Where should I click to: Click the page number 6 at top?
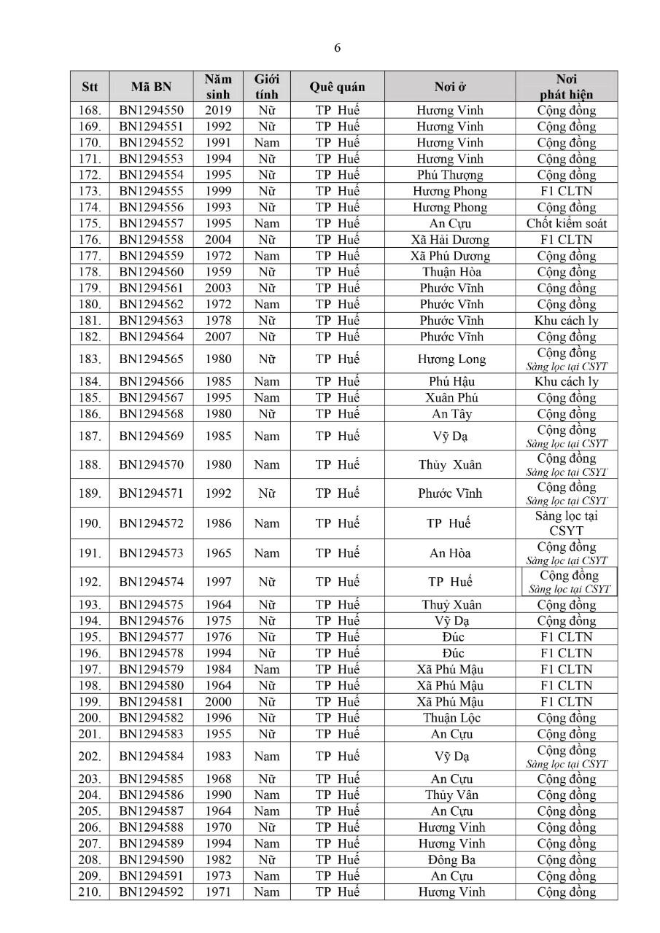click(x=337, y=48)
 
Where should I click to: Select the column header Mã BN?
click(x=152, y=87)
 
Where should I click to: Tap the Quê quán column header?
click(x=337, y=87)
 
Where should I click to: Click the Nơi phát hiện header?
click(x=566, y=87)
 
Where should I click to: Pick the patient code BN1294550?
click(x=152, y=111)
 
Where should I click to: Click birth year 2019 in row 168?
click(x=218, y=111)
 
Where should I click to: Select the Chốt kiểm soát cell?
click(x=566, y=224)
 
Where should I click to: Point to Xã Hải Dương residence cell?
click(x=450, y=240)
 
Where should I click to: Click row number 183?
click(x=90, y=359)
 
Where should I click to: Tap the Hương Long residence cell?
click(x=450, y=359)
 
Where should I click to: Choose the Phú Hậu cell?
click(x=450, y=382)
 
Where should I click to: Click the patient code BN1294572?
click(x=152, y=523)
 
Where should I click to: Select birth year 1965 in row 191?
click(x=218, y=553)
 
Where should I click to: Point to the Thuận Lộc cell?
click(x=450, y=718)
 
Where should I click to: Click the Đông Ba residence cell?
click(x=450, y=860)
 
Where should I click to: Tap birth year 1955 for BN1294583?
click(x=218, y=734)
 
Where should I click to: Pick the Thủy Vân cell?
click(x=450, y=795)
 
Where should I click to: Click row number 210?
click(x=90, y=892)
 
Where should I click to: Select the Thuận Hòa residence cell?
click(x=450, y=272)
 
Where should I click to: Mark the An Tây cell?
click(x=450, y=414)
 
